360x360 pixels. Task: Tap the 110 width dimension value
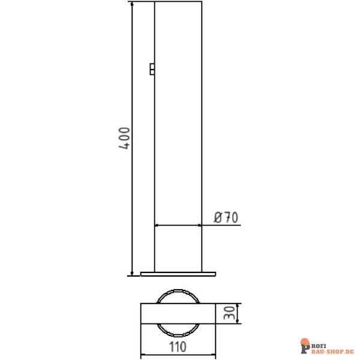click(178, 346)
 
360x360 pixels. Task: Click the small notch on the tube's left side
click(152, 70)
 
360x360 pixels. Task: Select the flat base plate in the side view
click(178, 274)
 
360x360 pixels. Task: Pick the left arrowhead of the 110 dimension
click(144, 354)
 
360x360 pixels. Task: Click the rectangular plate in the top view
click(178, 314)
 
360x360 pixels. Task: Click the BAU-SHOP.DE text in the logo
click(333, 349)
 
